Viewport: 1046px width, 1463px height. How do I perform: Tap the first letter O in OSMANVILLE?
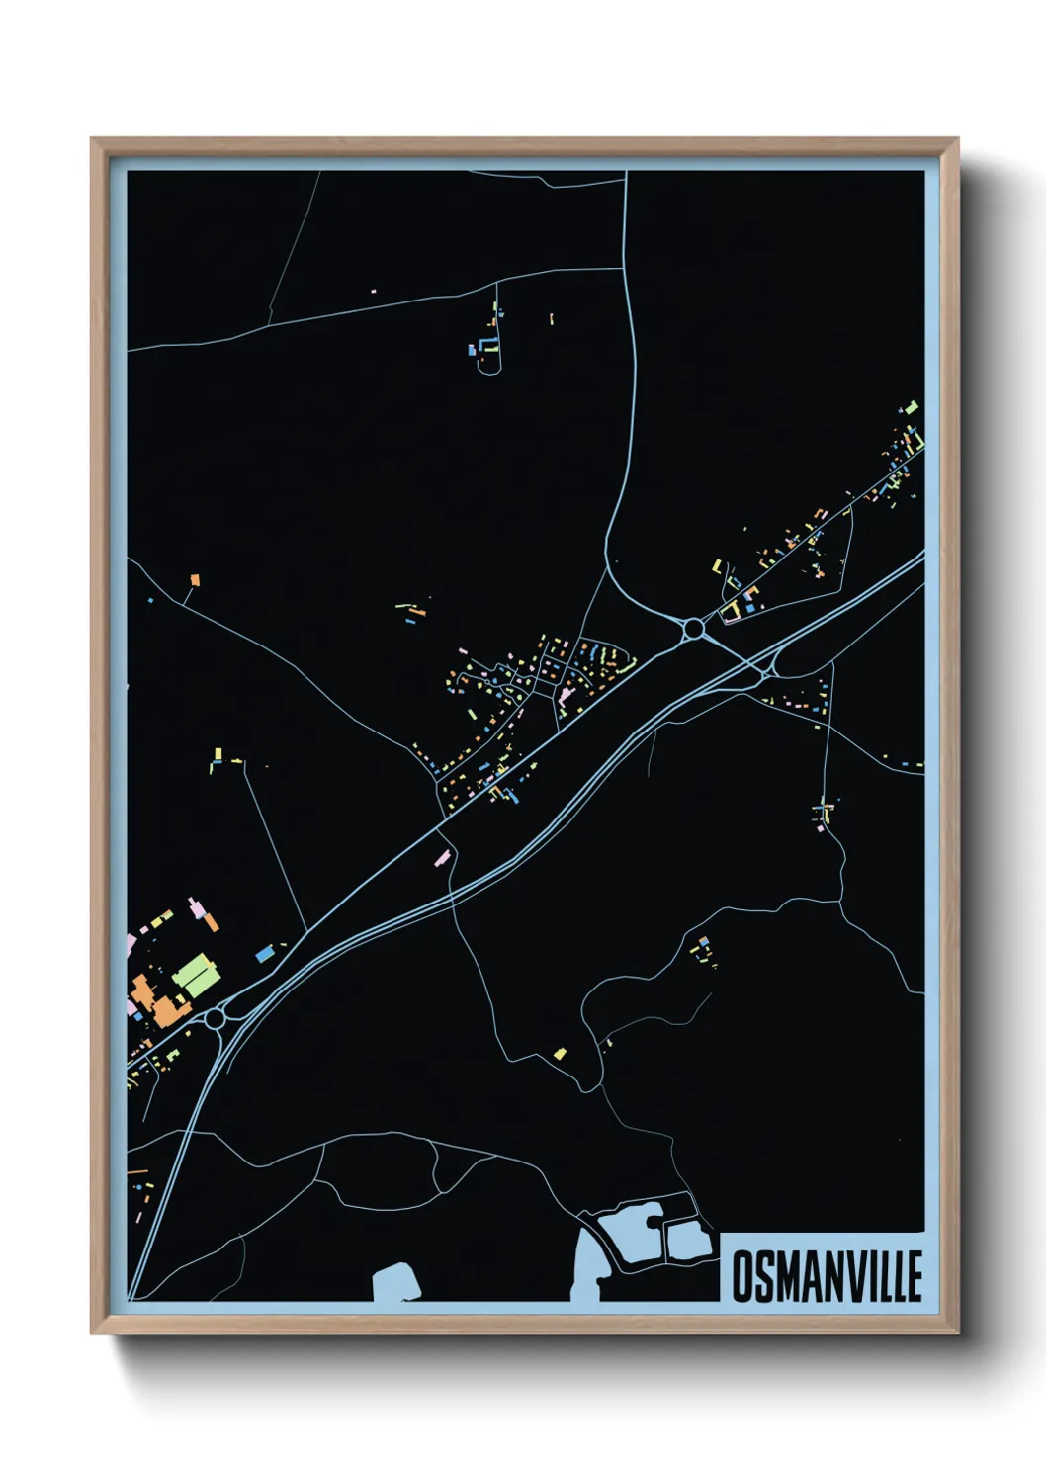(741, 1276)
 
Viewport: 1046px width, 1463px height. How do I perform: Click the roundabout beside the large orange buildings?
(215, 1017)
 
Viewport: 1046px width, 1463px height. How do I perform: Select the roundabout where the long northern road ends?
(694, 628)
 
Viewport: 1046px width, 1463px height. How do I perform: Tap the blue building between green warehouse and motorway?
(265, 954)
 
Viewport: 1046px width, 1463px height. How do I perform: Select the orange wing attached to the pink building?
(210, 922)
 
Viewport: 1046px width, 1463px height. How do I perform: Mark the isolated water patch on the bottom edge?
(395, 1283)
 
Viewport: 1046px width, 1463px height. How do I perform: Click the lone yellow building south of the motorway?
(560, 1054)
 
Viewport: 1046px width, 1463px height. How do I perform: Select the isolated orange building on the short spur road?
(195, 579)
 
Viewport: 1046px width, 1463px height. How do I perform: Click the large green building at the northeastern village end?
(912, 407)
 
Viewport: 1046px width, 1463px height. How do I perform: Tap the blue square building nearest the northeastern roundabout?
(750, 607)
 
